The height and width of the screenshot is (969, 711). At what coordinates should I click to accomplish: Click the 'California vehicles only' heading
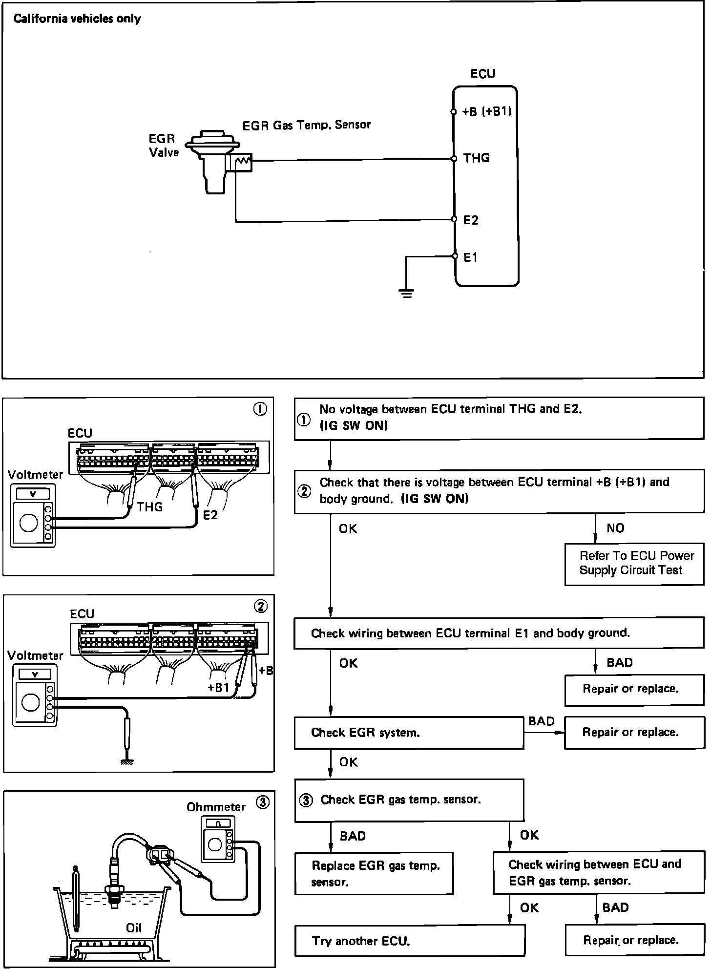[x=77, y=19]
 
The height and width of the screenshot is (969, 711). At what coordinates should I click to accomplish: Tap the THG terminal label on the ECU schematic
[x=476, y=158]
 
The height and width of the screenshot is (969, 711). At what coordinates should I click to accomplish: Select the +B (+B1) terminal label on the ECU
[x=487, y=111]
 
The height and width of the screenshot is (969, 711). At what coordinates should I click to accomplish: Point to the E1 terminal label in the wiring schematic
[x=470, y=257]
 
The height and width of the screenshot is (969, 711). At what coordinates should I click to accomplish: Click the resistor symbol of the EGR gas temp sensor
[x=243, y=160]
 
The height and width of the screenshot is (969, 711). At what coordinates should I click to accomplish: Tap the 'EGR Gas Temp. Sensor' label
[x=307, y=125]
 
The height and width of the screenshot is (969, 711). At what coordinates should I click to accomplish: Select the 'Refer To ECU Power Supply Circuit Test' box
[x=634, y=564]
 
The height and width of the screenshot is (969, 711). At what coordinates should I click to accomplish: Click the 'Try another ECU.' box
[x=409, y=941]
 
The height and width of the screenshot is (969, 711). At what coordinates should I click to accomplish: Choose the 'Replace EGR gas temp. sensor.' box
[x=374, y=873]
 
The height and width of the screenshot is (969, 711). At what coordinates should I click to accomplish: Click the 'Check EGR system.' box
[x=408, y=732]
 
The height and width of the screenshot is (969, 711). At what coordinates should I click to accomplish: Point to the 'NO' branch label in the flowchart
[x=615, y=528]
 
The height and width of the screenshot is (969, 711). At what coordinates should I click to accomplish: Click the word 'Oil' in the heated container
[x=133, y=927]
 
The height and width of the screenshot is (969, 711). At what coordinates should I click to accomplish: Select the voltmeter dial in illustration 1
[x=29, y=523]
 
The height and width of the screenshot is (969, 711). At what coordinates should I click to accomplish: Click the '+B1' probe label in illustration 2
[x=218, y=688]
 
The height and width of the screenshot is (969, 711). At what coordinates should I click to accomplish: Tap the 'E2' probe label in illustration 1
[x=210, y=515]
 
